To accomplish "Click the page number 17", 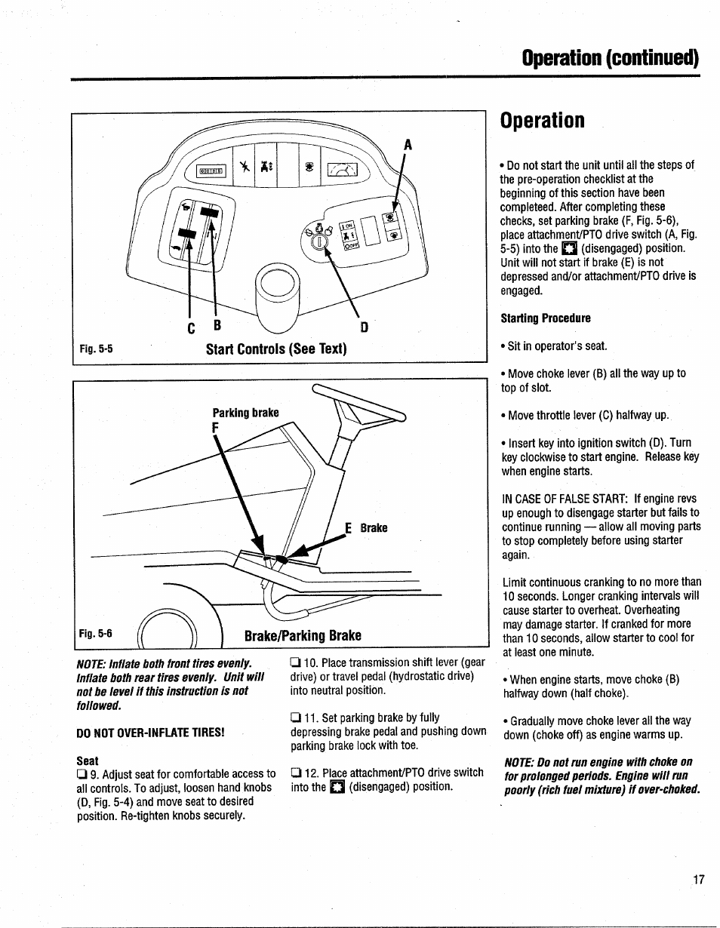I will click(697, 879).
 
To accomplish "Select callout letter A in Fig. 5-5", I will click(408, 143).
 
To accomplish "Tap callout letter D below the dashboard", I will click(364, 328).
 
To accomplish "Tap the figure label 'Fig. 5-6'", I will click(96, 634).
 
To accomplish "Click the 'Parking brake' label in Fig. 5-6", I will click(245, 413).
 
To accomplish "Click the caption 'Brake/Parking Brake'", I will click(303, 635).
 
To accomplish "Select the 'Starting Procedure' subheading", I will click(546, 318).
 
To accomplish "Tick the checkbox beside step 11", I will click(296, 718).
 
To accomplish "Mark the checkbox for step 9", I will click(82, 774).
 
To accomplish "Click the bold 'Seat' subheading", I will click(88, 760).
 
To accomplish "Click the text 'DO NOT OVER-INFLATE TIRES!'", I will click(150, 733).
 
